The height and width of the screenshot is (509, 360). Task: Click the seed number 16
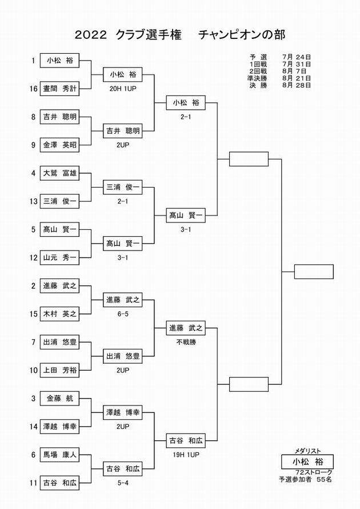pyautogui.click(x=34, y=89)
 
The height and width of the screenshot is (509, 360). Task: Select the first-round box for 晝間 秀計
pyautogui.click(x=59, y=89)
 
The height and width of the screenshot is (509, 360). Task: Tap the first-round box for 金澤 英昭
pyautogui.click(x=59, y=145)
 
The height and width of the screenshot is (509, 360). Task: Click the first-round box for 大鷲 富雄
pyautogui.click(x=59, y=173)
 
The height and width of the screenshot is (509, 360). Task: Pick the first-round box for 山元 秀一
pyautogui.click(x=59, y=257)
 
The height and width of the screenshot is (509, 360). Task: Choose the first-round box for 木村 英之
pyautogui.click(x=59, y=314)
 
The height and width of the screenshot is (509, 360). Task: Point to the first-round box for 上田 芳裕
pyautogui.click(x=59, y=370)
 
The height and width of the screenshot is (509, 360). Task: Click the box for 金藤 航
pyautogui.click(x=59, y=398)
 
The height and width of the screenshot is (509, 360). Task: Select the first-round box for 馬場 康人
pyautogui.click(x=59, y=455)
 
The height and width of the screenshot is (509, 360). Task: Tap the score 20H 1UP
pyautogui.click(x=123, y=89)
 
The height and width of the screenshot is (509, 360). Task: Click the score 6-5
pyautogui.click(x=123, y=314)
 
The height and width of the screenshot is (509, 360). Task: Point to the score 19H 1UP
pyautogui.click(x=186, y=455)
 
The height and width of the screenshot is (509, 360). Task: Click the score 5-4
pyautogui.click(x=123, y=483)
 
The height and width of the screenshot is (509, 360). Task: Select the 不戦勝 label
pyautogui.click(x=186, y=342)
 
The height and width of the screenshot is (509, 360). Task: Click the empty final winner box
pyautogui.click(x=314, y=272)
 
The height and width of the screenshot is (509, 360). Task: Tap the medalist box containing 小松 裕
pyautogui.click(x=307, y=462)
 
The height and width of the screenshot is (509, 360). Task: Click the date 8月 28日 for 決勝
pyautogui.click(x=297, y=85)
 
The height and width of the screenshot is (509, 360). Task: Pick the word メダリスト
pyautogui.click(x=307, y=451)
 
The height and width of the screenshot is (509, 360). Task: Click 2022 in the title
pyautogui.click(x=91, y=35)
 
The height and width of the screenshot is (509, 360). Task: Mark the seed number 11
pyautogui.click(x=34, y=483)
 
